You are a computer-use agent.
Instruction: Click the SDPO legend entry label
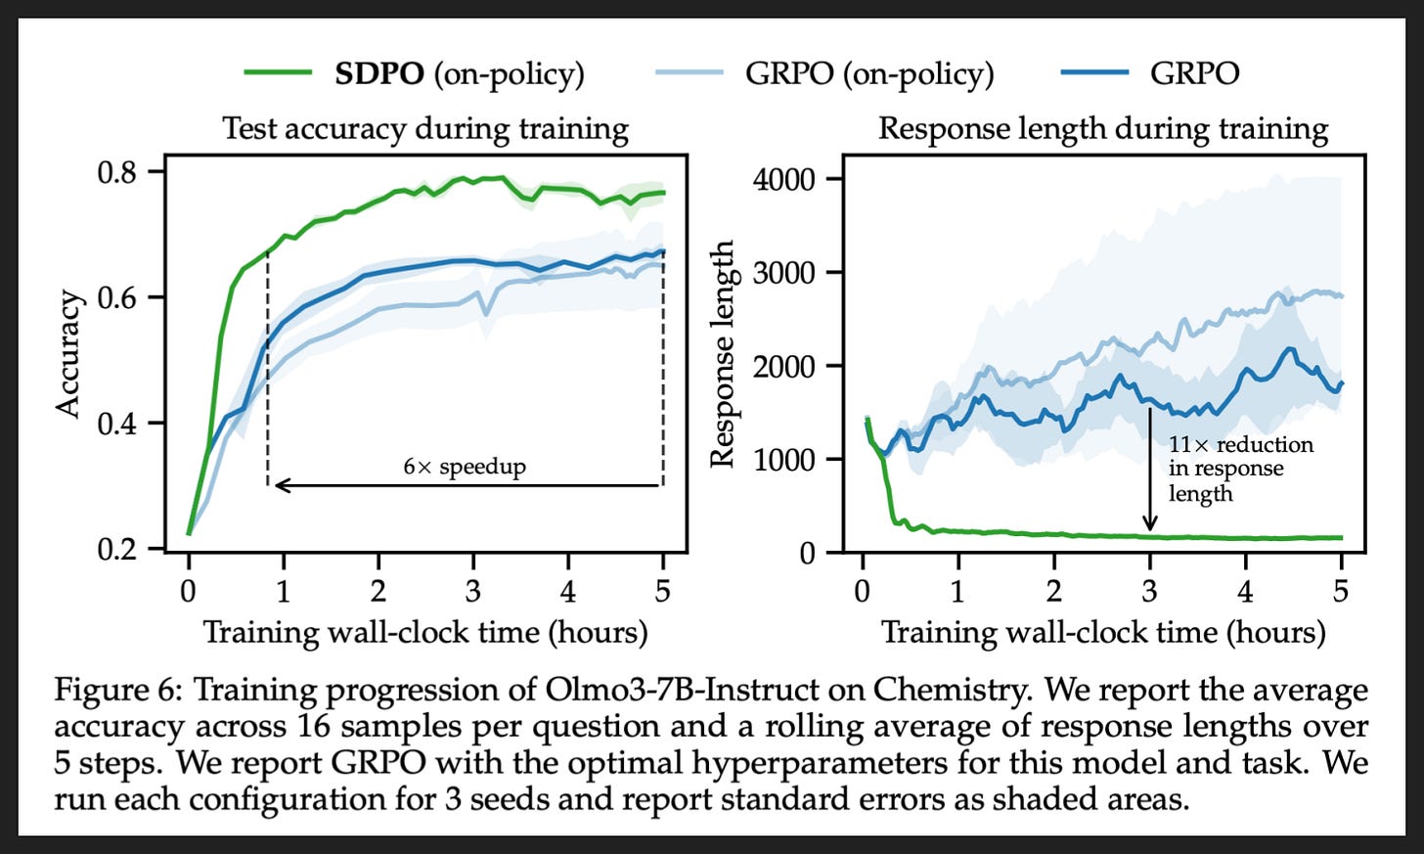tap(460, 73)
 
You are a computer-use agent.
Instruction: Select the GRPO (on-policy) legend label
tap(869, 73)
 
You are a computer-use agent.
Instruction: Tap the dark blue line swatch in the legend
tap(1094, 72)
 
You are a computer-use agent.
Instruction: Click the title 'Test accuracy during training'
tap(425, 128)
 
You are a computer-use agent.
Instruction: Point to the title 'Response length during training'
tap(1103, 128)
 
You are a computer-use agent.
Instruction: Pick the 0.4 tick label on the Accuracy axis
tap(117, 423)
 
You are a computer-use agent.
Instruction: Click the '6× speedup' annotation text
tap(465, 467)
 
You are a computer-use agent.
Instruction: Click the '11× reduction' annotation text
tap(1241, 444)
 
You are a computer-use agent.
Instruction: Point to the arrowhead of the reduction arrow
tap(1149, 524)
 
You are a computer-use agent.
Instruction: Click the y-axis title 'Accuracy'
tap(68, 353)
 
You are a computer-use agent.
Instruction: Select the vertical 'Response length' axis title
tap(723, 353)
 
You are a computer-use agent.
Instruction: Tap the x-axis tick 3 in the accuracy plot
tap(473, 592)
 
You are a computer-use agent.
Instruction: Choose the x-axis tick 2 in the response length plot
tap(1054, 592)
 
